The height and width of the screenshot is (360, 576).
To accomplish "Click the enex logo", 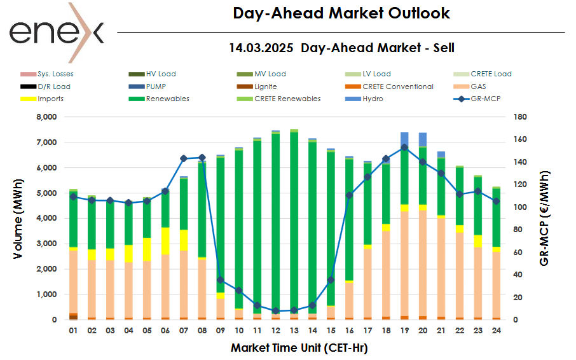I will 56,32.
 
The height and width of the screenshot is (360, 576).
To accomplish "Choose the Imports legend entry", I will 50,99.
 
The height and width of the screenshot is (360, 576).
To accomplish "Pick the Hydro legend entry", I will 373,99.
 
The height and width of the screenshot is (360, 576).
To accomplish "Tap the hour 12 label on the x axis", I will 275,331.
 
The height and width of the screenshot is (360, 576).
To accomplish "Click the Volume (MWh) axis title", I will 19,218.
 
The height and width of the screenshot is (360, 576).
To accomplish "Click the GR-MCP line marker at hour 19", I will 404,148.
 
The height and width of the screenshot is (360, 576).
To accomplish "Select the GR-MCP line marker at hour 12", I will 275,311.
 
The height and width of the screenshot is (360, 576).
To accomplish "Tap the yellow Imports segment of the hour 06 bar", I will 165,241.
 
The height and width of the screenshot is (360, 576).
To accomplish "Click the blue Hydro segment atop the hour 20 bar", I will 423,139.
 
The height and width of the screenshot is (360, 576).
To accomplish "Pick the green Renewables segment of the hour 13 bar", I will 294,223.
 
